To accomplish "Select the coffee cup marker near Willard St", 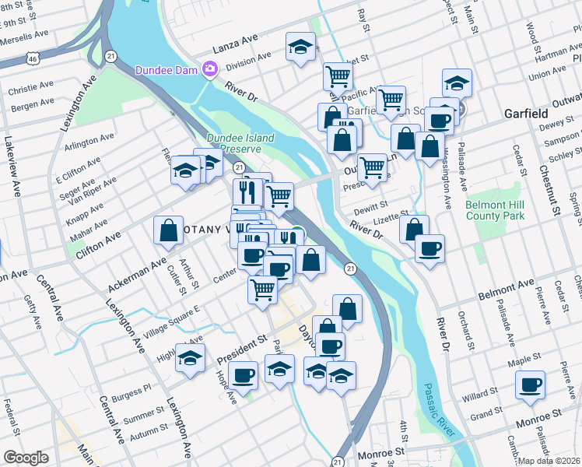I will point(531,384).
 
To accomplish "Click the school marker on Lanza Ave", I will point(300,47).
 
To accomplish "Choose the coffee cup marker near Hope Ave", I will point(244,375).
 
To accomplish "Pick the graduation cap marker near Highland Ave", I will point(190,357).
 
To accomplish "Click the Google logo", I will point(26,458).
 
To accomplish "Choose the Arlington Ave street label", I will point(89,142).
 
